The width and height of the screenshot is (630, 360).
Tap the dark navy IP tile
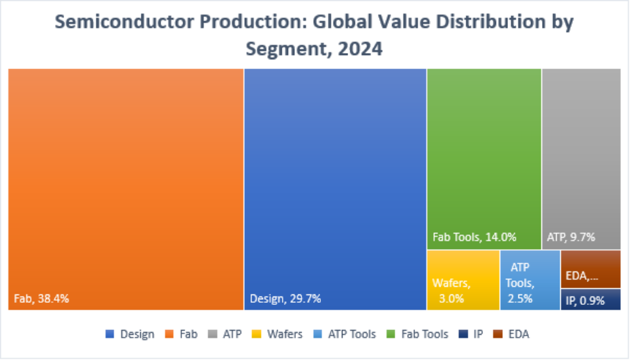click(x=591, y=300)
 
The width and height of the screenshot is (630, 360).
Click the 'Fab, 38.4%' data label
click(x=42, y=299)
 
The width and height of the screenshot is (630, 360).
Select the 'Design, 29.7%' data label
click(x=285, y=299)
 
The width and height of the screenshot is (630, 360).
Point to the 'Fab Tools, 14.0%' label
click(x=474, y=237)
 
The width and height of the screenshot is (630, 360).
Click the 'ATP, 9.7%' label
click(x=571, y=237)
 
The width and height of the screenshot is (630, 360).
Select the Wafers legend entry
click(x=278, y=334)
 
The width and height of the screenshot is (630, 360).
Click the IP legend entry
click(x=471, y=334)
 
